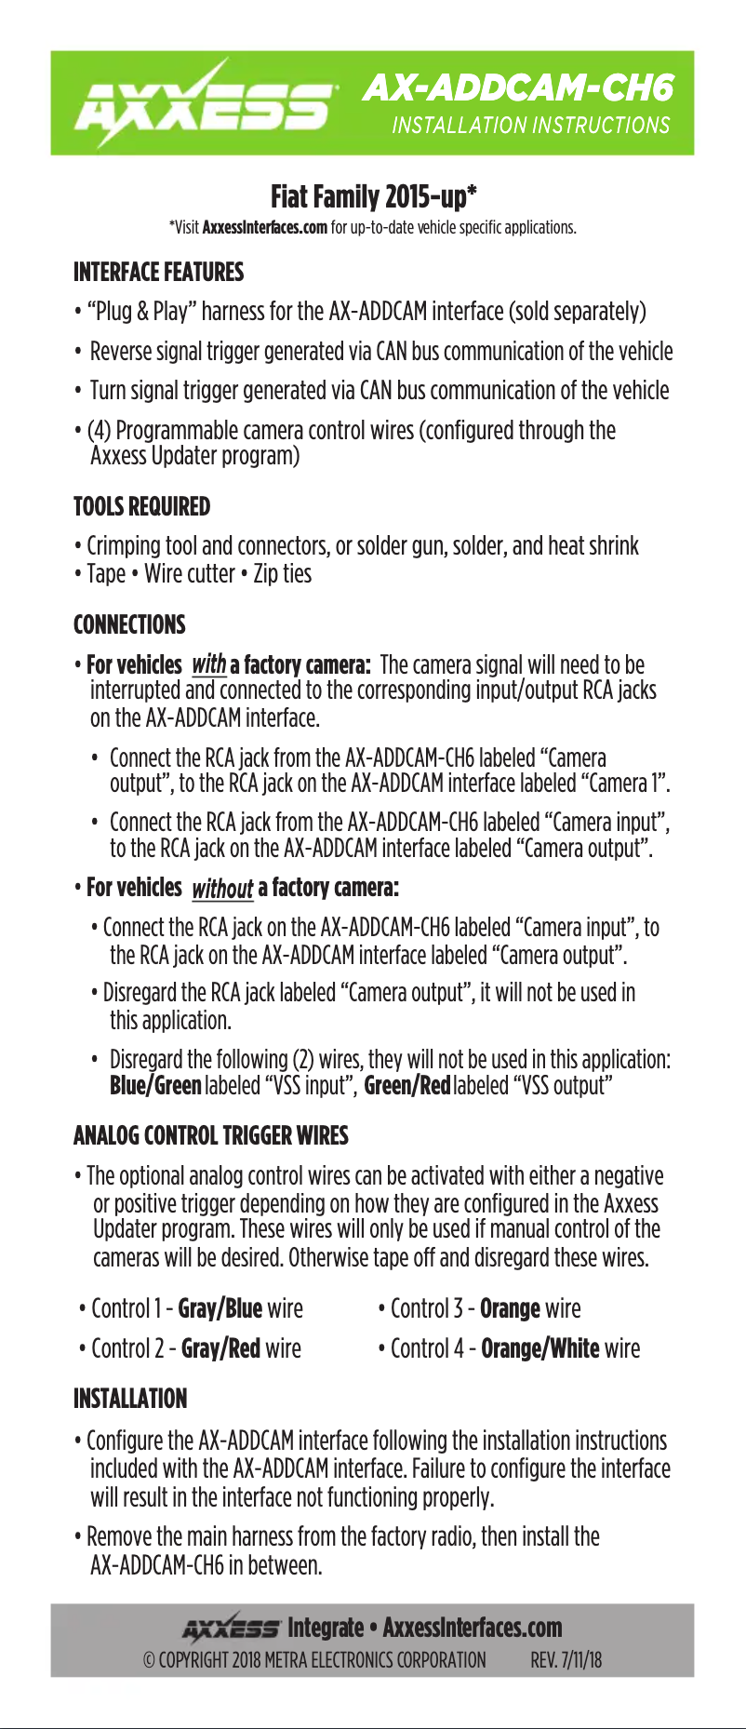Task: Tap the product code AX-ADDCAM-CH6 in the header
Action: (517, 87)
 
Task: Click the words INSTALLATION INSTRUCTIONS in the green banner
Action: (530, 126)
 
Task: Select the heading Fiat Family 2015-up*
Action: (373, 196)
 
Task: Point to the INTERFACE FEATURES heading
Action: (158, 272)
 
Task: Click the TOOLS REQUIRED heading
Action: (141, 506)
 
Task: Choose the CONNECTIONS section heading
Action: (129, 624)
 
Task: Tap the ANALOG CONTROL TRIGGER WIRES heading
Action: (210, 1135)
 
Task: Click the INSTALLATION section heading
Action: (130, 1399)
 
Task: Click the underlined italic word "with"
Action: (208, 664)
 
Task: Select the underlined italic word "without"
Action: (221, 888)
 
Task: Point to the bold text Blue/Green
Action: (155, 1085)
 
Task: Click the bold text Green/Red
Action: (406, 1085)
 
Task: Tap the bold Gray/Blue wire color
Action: (220, 1308)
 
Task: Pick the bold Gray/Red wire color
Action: (220, 1348)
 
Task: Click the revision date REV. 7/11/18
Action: (566, 1660)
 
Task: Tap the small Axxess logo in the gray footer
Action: (231, 1628)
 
